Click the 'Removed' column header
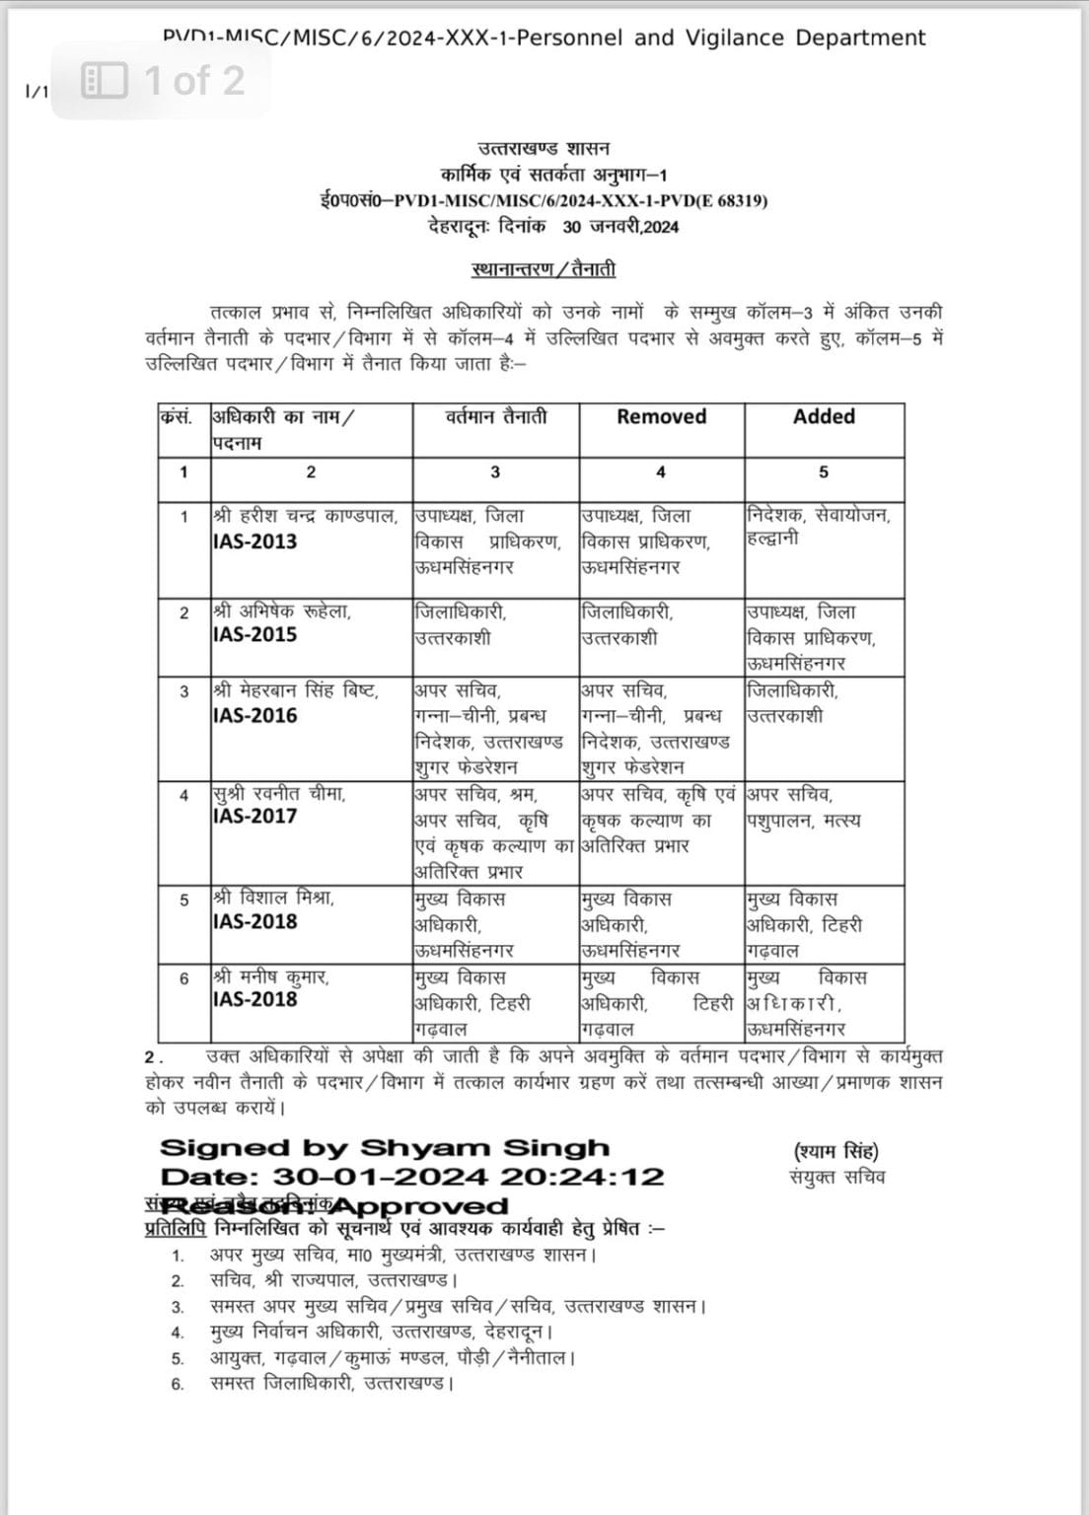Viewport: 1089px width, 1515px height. pyautogui.click(x=661, y=417)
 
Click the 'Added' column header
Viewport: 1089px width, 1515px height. pyautogui.click(x=824, y=417)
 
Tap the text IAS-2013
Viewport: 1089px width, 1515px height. pyautogui.click(x=254, y=541)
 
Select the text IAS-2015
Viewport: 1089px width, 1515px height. pyautogui.click(x=254, y=634)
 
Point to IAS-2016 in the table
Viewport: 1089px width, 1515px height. pyautogui.click(x=254, y=715)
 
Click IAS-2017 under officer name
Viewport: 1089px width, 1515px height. pyautogui.click(x=254, y=816)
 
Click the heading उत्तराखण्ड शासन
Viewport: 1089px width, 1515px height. pyautogui.click(x=544, y=149)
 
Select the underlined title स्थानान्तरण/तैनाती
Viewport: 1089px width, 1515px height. pyautogui.click(x=544, y=269)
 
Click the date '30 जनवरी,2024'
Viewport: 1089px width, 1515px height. pyautogui.click(x=620, y=226)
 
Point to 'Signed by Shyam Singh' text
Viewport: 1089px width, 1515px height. pyautogui.click(x=385, y=1148)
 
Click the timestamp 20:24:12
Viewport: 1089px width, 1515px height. pyautogui.click(x=582, y=1177)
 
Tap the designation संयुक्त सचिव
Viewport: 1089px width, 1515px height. pyautogui.click(x=837, y=1177)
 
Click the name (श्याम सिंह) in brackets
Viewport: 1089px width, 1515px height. pyautogui.click(x=836, y=1151)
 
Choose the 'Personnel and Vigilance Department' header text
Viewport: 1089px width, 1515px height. pyautogui.click(x=721, y=38)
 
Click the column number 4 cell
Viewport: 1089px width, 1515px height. pyautogui.click(x=661, y=472)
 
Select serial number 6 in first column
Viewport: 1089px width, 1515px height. pyautogui.click(x=183, y=978)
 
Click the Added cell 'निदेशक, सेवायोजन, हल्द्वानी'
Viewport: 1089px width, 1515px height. pyautogui.click(x=819, y=527)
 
